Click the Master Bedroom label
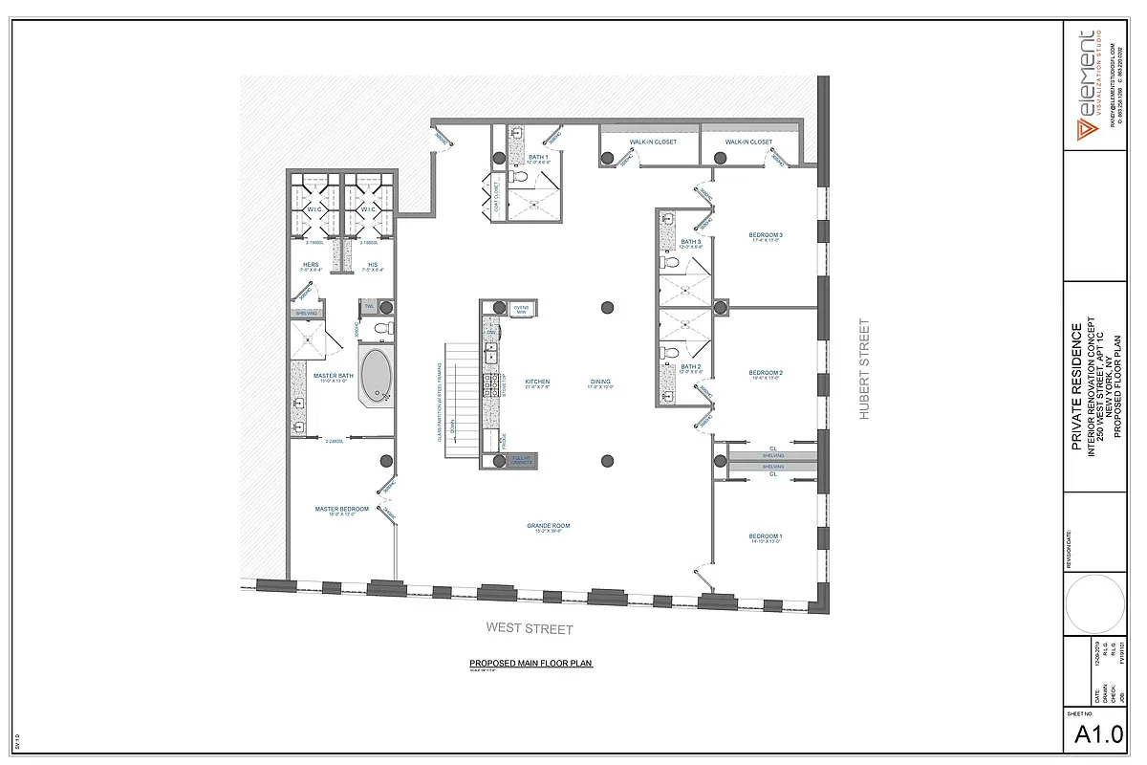coord(341,510)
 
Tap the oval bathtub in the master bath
coord(378,377)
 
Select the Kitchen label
coord(537,382)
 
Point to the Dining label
coord(599,382)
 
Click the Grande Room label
coord(548,526)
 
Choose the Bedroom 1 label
coord(766,536)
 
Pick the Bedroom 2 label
coord(766,373)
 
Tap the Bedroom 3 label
coord(766,235)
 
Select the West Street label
coord(530,629)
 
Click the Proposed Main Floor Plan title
coord(530,664)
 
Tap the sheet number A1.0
coord(1098,735)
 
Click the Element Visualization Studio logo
coord(1087,85)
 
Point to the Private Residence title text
coord(1076,387)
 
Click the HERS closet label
coord(311,266)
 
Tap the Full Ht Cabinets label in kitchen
coord(521,460)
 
